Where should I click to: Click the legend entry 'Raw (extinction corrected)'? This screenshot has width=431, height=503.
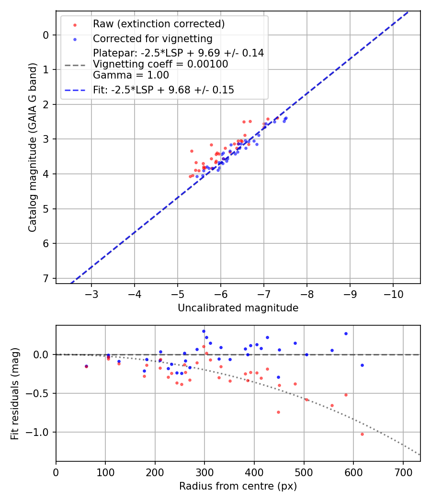159,24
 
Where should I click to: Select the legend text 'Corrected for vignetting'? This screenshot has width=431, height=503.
152,39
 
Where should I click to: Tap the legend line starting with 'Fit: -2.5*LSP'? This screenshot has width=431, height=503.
163,90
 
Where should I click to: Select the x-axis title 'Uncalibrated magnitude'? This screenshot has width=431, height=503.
238,308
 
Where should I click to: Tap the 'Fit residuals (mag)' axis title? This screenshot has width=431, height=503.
15,393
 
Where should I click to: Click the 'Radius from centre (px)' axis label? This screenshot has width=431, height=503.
238,486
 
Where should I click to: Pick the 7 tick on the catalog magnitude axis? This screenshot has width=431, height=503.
45,278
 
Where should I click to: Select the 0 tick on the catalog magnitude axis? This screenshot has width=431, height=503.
45,35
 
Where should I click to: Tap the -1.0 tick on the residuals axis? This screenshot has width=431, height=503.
41,432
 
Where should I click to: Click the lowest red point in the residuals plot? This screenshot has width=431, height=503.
362,434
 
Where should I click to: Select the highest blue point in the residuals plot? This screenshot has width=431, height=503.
204,331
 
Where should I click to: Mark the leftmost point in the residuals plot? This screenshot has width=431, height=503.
86,366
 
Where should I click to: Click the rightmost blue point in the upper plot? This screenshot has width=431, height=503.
286,118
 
